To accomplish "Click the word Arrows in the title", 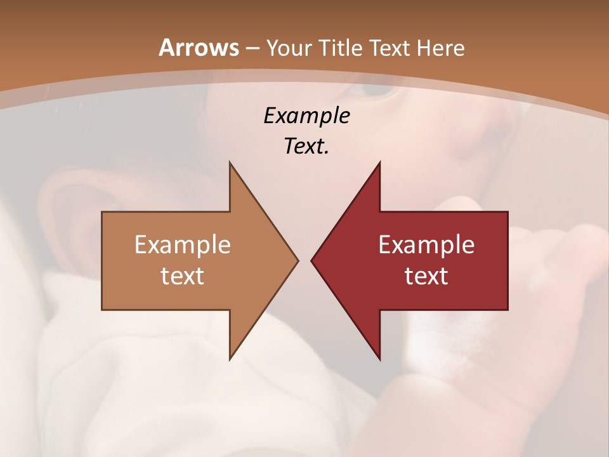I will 199,48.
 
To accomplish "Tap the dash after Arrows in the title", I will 252,48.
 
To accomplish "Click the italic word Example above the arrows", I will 306,116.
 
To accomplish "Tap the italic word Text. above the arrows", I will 306,146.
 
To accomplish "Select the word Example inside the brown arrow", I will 183,244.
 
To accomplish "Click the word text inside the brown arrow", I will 183,275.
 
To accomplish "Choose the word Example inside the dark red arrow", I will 426,244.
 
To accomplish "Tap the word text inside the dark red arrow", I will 426,275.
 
